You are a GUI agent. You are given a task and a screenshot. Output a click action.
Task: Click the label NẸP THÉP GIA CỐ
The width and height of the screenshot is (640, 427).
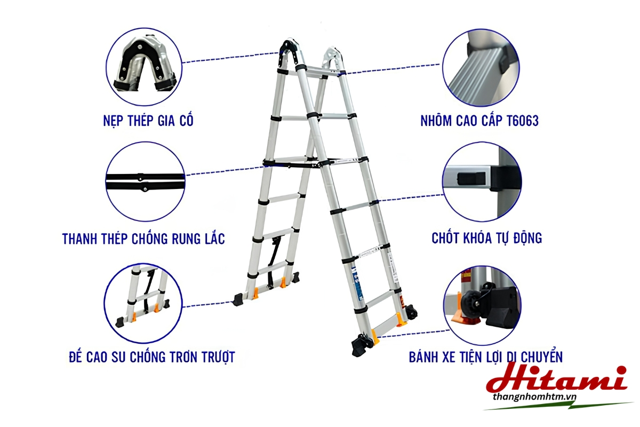148,121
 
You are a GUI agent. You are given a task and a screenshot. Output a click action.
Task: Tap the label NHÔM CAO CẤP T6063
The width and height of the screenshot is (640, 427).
479,121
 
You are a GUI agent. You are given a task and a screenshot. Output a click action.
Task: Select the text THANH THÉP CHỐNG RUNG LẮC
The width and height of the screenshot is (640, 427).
143,239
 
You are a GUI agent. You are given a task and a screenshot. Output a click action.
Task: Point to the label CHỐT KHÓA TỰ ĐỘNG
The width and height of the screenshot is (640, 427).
486,238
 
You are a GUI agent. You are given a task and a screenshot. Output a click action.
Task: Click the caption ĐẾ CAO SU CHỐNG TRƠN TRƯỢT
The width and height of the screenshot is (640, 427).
151,357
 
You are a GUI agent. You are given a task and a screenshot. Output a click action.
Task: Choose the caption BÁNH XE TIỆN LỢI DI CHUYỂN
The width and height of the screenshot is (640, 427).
486,357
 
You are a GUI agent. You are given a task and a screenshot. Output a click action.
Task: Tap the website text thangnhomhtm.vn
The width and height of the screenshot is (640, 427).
534,397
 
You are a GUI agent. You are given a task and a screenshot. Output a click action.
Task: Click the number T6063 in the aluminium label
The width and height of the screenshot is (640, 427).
523,121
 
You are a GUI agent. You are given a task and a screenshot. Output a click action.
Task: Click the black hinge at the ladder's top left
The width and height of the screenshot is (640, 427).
290,54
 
